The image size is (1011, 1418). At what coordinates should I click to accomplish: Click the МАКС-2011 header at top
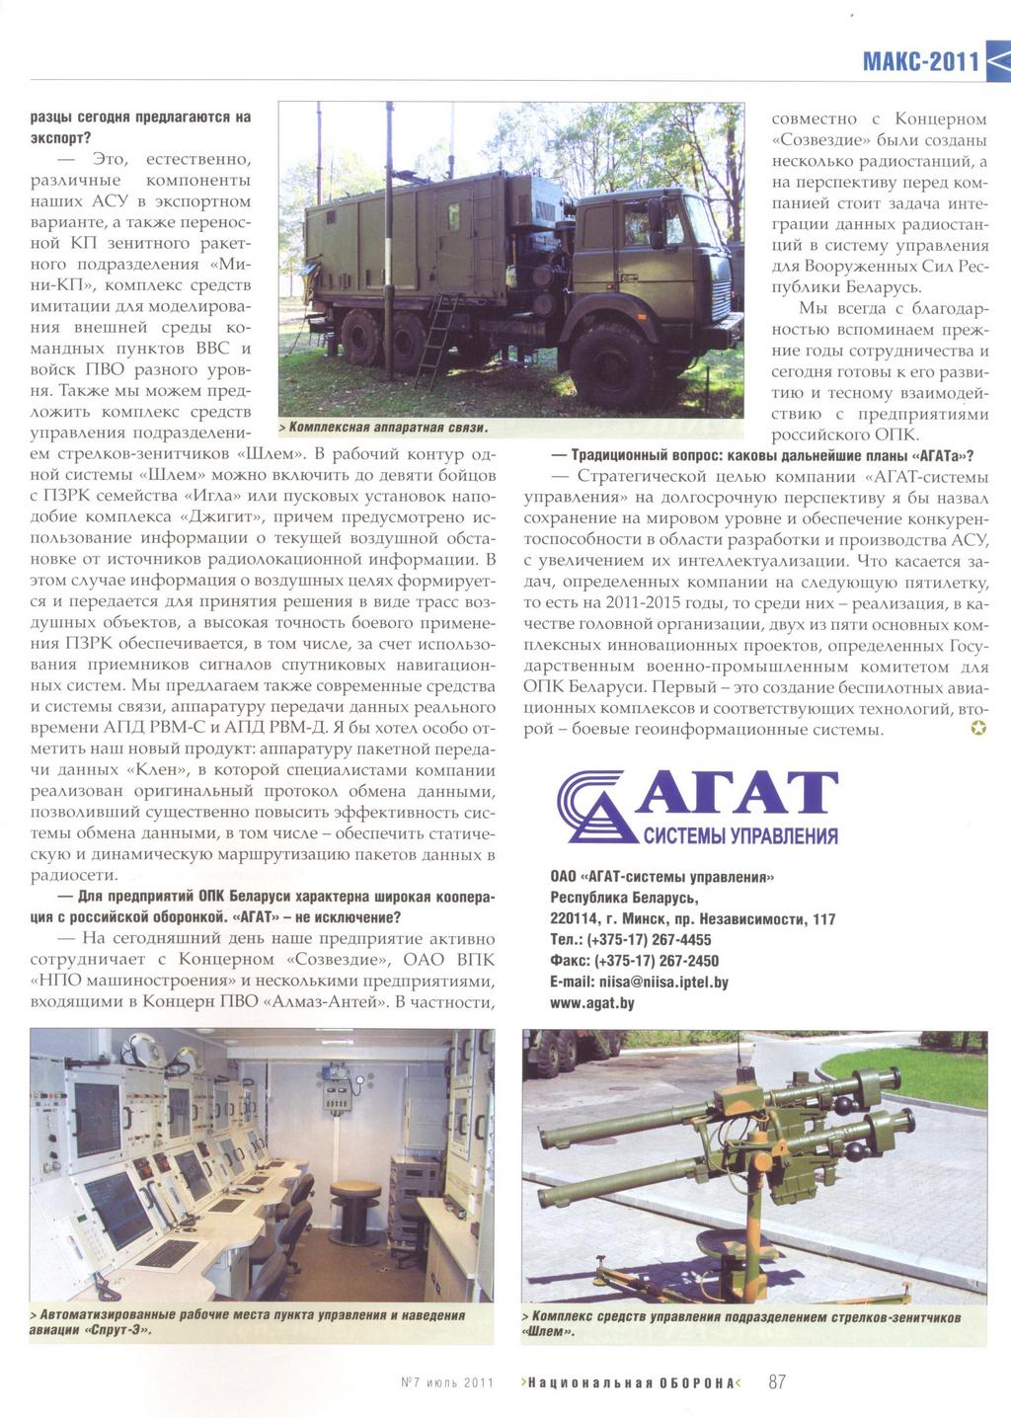click(920, 61)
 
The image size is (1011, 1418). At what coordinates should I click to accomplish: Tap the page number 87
click(777, 1381)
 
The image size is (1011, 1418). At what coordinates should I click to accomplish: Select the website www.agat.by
click(592, 1002)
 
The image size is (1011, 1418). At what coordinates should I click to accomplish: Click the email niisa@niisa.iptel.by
click(639, 982)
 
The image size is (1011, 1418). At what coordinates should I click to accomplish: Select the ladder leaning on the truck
click(436, 339)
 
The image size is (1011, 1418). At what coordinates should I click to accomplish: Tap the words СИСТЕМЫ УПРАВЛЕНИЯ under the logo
click(740, 836)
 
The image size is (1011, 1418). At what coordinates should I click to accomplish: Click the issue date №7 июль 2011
click(446, 1382)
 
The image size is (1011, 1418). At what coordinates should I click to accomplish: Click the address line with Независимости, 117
click(692, 919)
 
